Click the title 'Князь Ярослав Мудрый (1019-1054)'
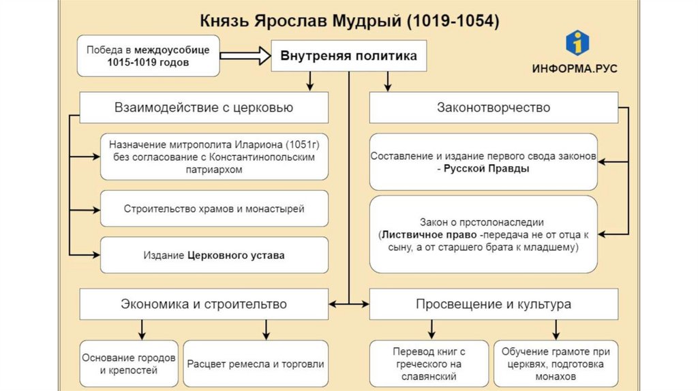pos(349,21)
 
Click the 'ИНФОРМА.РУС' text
pos(576,69)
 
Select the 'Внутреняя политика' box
pos(349,56)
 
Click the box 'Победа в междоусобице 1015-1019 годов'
pos(148,57)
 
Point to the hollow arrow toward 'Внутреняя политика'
pos(245,57)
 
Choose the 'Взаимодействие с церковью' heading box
pos(204,108)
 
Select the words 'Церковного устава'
pos(236,255)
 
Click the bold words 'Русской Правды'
pos(486,168)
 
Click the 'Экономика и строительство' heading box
pos(204,304)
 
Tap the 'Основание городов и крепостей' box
pos(129,364)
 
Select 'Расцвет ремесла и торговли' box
pos(256,364)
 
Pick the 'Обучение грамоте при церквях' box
pos(556,364)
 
